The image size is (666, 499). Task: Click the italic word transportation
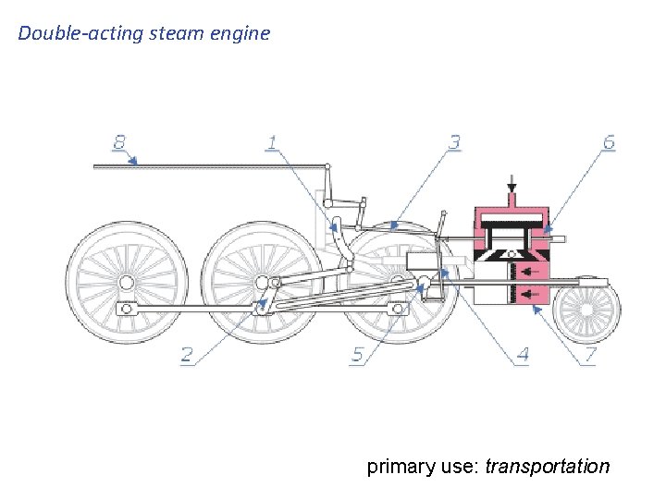[x=548, y=466]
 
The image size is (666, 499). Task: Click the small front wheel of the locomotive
[x=586, y=311]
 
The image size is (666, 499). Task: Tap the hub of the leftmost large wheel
[x=127, y=281]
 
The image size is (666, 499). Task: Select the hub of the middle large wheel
[x=262, y=281]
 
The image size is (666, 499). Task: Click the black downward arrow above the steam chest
[x=510, y=186]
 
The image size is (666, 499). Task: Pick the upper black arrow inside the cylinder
[x=529, y=271]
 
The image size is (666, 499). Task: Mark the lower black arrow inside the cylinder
[x=529, y=295]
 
